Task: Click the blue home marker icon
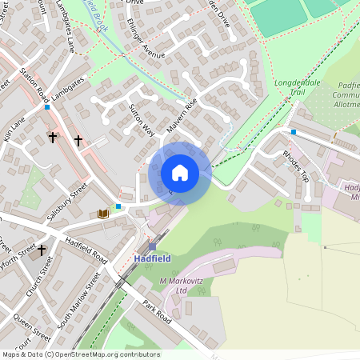(180, 172)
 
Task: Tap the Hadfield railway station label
(152, 259)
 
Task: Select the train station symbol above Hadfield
(152, 246)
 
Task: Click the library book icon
(102, 214)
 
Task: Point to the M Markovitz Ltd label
(185, 285)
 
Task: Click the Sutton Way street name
(142, 120)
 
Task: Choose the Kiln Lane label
(14, 129)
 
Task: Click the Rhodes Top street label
(295, 166)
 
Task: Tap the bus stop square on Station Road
(48, 106)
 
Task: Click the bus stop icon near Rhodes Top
(294, 132)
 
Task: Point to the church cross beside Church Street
(42, 250)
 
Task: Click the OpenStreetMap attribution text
(80, 354)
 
